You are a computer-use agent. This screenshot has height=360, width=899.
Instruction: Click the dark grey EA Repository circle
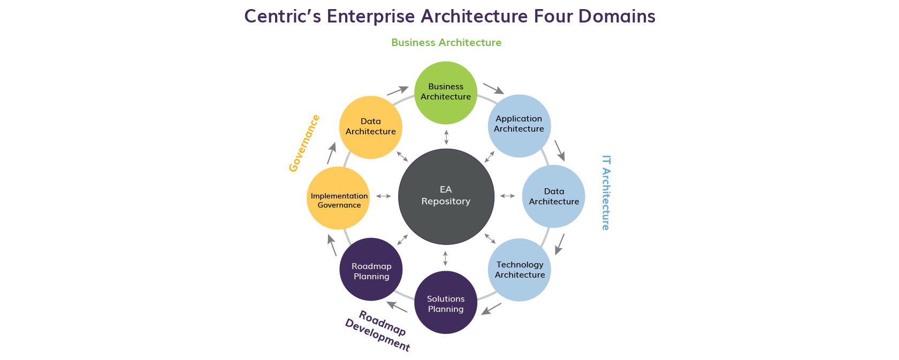tap(446, 196)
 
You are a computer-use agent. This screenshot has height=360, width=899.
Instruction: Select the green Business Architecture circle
tap(446, 93)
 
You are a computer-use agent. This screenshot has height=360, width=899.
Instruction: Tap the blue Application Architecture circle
tap(519, 126)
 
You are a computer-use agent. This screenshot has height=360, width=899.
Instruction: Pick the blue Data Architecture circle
tap(553, 196)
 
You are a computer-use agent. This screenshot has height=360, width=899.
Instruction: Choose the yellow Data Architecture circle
tap(371, 127)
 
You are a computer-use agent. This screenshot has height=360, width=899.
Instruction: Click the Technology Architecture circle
tap(519, 270)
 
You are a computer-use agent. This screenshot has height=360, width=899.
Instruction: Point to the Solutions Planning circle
tap(446, 302)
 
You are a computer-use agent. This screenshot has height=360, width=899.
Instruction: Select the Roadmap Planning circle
tap(371, 270)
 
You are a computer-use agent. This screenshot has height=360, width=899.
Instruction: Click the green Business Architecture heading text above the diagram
tap(446, 43)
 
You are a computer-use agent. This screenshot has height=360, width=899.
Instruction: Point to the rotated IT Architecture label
tap(606, 193)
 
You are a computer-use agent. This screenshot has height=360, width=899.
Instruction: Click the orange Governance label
tap(304, 143)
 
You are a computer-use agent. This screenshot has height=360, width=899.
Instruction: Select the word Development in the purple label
tap(377, 335)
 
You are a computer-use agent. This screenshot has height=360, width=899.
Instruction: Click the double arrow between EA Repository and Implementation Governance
tap(383, 196)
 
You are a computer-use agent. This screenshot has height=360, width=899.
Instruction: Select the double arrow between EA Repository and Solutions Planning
tap(445, 258)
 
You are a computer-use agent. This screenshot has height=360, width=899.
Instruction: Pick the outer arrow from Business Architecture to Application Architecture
tap(493, 88)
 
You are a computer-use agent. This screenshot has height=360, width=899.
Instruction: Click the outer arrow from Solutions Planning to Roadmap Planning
tap(397, 307)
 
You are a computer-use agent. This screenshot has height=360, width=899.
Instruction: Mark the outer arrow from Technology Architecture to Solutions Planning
tap(491, 309)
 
